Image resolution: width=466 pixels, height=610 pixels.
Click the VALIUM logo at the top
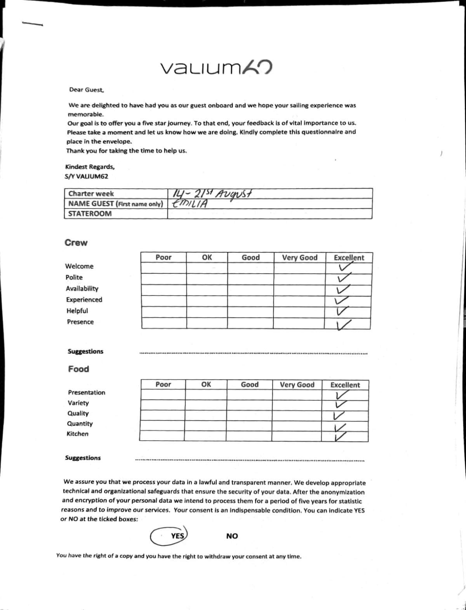[216, 68]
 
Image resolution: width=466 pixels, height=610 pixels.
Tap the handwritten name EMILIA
[190, 203]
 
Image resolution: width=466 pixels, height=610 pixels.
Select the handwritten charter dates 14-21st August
[212, 193]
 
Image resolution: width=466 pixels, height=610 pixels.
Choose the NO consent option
[232, 536]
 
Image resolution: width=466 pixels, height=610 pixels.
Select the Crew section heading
[76, 243]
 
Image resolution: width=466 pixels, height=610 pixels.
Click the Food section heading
[78, 369]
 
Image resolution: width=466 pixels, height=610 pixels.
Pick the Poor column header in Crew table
[163, 257]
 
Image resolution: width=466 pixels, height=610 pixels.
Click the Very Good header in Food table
[297, 385]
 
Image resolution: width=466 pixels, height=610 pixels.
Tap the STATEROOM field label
[90, 214]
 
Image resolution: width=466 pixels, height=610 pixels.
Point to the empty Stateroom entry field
[270, 214]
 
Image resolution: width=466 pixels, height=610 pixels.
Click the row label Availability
[82, 288]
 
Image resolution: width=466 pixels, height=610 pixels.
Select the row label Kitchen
[77, 434]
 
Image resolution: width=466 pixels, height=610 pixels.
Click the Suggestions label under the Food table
[83, 458]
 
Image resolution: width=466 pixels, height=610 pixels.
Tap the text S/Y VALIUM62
[87, 176]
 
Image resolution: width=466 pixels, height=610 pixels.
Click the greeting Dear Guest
[87, 90]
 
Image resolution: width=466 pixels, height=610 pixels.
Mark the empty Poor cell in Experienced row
[163, 301]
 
